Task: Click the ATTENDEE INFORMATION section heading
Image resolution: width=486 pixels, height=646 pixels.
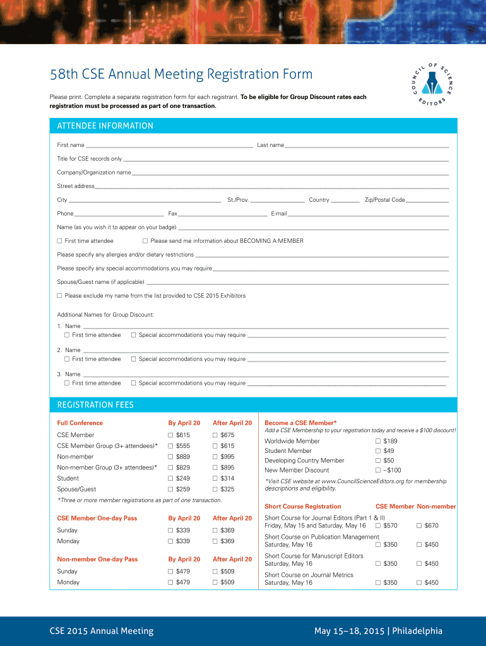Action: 105,126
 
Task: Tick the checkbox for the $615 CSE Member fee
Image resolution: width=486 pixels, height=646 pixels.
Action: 170,435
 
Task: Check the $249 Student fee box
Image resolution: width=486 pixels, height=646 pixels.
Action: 170,478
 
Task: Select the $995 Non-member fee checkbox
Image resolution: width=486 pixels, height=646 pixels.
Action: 215,457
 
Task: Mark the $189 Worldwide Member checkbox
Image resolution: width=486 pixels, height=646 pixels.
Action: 378,441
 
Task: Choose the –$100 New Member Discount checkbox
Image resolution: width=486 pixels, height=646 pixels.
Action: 378,470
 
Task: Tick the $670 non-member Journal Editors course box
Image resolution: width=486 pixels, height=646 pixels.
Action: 419,526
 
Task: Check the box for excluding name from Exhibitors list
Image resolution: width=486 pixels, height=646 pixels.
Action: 59,295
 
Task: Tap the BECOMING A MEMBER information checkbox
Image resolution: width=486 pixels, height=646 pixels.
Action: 145,241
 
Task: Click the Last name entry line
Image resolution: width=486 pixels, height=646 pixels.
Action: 366,146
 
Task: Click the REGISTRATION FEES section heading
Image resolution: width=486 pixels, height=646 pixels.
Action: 95,404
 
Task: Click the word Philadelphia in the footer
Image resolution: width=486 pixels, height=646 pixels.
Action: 417,631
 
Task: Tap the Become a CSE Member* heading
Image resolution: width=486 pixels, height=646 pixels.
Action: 300,423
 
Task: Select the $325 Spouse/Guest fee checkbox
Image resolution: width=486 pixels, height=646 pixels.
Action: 215,489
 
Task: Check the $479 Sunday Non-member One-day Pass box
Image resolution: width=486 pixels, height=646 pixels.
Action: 170,572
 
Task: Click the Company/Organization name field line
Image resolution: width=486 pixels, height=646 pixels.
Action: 290,173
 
